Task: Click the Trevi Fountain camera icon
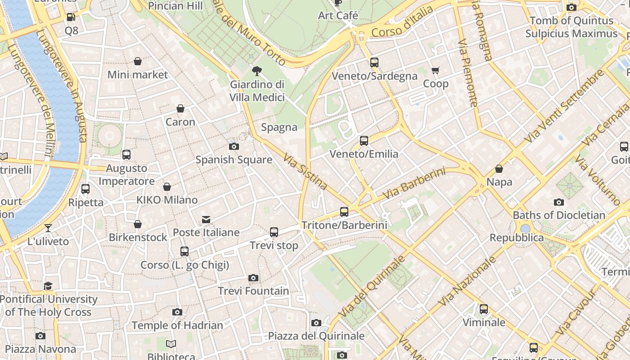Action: coord(253,278)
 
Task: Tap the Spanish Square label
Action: coord(234,160)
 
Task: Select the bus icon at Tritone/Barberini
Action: coord(344,211)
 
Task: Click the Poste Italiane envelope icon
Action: coord(206,220)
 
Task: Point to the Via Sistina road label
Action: coord(306,171)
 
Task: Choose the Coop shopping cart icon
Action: coord(435,70)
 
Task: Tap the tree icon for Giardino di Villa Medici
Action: coord(257,71)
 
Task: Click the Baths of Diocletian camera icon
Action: coord(559,202)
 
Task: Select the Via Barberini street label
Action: coord(414,184)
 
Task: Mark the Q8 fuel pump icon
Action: coord(71,17)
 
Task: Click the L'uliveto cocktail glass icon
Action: coord(48,228)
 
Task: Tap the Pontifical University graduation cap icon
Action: coord(48,286)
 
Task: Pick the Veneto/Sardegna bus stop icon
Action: coord(374,63)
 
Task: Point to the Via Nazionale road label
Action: coord(468,281)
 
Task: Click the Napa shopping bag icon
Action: coord(499,169)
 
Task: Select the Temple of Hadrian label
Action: coord(177,325)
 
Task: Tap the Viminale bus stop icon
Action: coord(484,309)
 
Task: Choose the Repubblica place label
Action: coord(517,238)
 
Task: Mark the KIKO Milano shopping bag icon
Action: coord(167,187)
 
